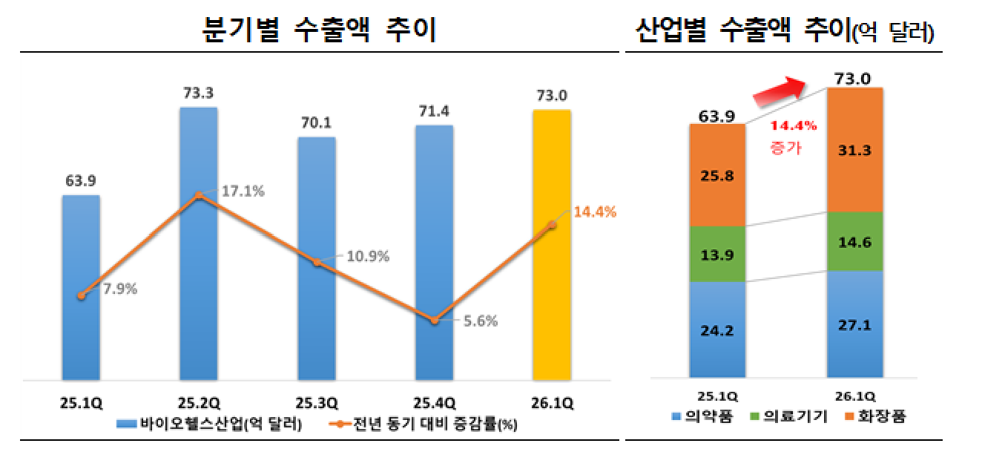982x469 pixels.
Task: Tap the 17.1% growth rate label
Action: [243, 191]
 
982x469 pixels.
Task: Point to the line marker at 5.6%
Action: [435, 320]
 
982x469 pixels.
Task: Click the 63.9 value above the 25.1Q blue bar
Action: [81, 180]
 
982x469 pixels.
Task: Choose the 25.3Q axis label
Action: [317, 404]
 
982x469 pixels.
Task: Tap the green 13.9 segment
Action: [717, 255]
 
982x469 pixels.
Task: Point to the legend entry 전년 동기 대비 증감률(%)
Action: [415, 424]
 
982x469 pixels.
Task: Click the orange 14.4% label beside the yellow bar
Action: [595, 212]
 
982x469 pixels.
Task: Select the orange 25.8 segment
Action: [717, 176]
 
